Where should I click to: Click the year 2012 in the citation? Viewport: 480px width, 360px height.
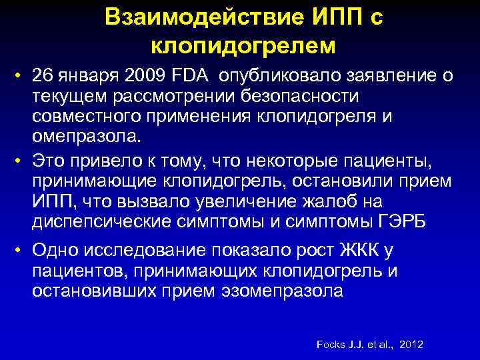pos(411,345)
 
